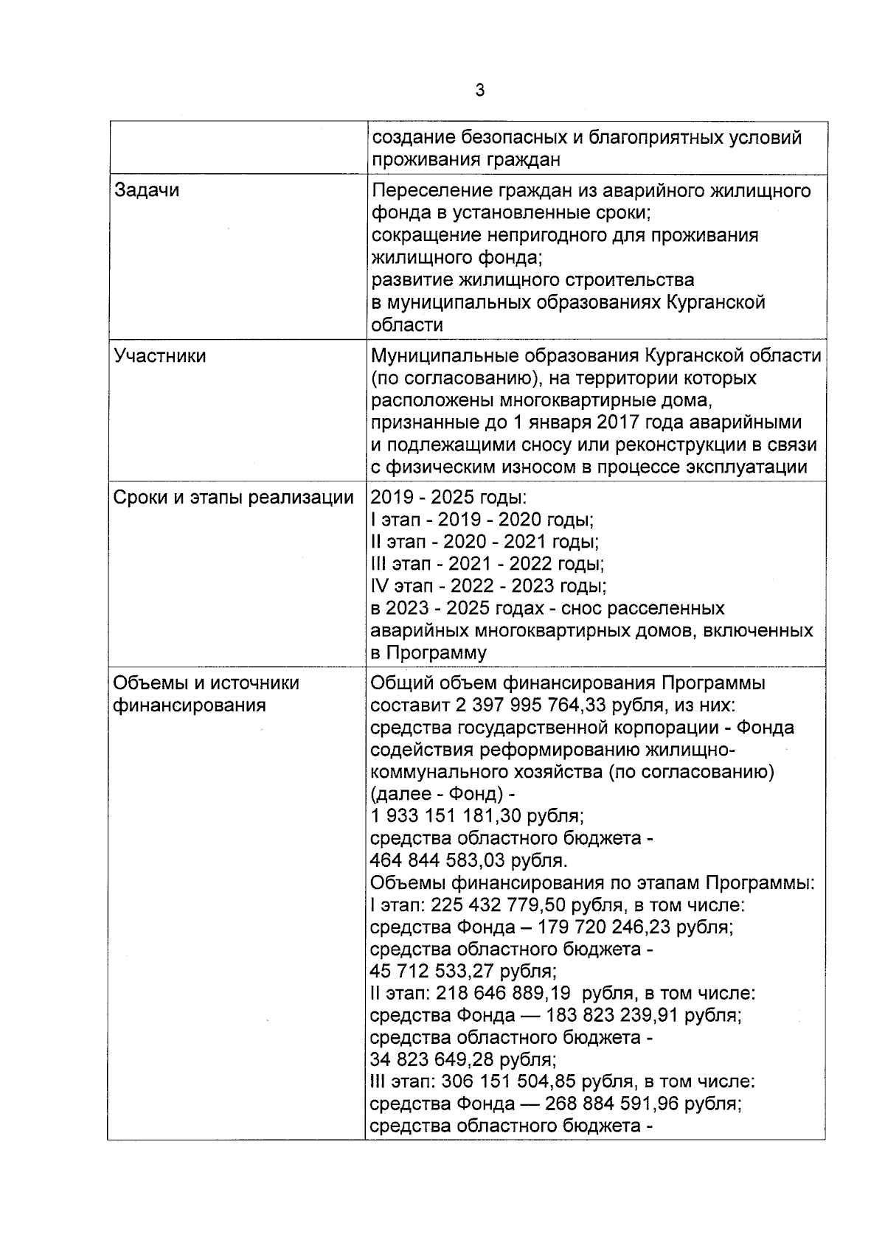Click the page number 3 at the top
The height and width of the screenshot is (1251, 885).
(480, 91)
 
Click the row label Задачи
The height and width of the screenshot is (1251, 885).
(147, 190)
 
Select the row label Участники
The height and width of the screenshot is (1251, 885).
(160, 356)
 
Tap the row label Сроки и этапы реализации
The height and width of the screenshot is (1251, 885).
(233, 498)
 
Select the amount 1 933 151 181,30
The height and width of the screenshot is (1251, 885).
(454, 816)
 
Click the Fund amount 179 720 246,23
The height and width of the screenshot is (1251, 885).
(597, 927)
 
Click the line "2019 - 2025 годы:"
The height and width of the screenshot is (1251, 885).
(448, 498)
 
